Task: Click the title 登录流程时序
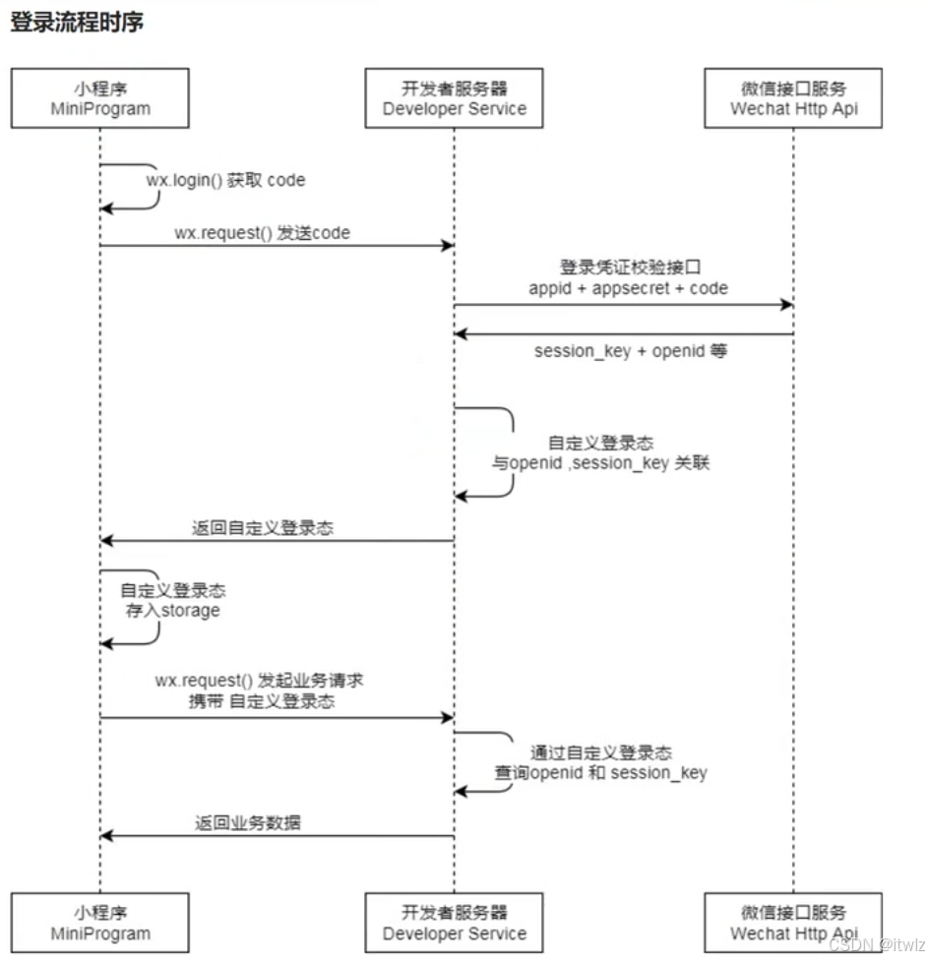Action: (x=77, y=22)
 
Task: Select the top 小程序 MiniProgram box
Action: (x=100, y=97)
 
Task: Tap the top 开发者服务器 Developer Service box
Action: (x=454, y=97)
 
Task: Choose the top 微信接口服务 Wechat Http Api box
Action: (x=793, y=97)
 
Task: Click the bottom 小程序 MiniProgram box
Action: (x=100, y=923)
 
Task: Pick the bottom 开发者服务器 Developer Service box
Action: (x=454, y=923)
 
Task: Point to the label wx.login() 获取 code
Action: (x=233, y=180)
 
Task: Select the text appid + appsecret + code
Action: (x=628, y=288)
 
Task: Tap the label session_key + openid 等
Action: (x=630, y=350)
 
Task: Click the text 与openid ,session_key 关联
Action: (x=601, y=462)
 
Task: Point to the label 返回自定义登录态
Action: (x=262, y=528)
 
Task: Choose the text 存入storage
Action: (x=173, y=611)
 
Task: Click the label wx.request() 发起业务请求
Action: (x=261, y=681)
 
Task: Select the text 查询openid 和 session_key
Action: (x=600, y=773)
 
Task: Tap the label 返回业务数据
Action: (x=247, y=823)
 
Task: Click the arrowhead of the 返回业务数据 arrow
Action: (x=107, y=836)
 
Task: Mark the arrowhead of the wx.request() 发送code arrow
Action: (x=447, y=246)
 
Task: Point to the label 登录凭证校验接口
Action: (x=628, y=268)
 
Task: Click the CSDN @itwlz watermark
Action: (x=877, y=944)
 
